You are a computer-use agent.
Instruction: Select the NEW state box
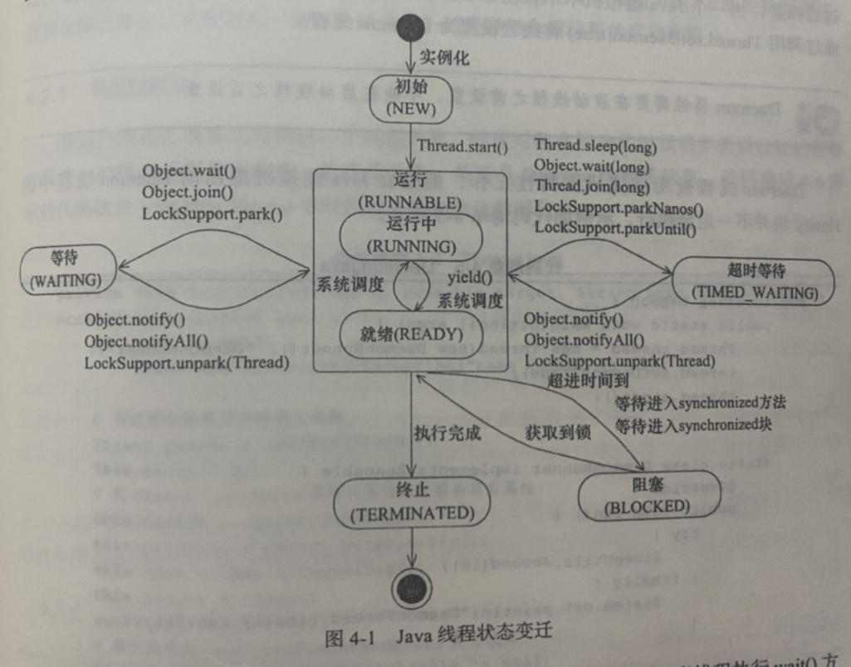[x=412, y=98]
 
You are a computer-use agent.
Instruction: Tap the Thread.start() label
[x=462, y=148]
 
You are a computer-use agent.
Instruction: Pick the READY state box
[x=411, y=335]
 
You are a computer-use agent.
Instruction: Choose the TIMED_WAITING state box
[x=753, y=282]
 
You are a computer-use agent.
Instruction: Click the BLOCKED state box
[x=647, y=496]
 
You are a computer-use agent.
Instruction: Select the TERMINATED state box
[x=412, y=504]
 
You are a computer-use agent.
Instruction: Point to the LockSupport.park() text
[x=213, y=213]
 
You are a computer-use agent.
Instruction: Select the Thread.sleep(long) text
[x=595, y=148]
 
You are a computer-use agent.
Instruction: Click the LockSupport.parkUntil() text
[x=615, y=226]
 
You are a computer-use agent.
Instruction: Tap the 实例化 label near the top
[x=443, y=58]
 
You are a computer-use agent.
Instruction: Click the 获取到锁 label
[x=554, y=433]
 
